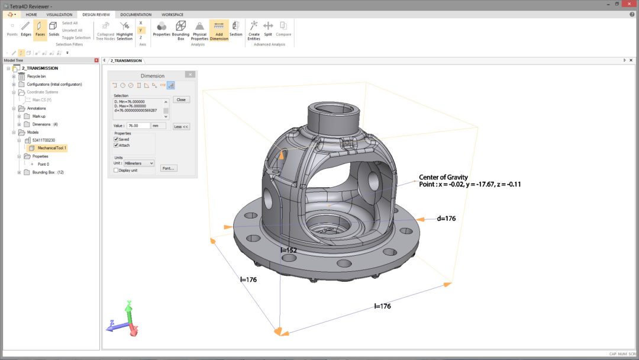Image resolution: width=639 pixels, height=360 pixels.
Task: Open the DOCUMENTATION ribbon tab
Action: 135,14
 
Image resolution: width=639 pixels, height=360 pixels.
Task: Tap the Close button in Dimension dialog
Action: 181,99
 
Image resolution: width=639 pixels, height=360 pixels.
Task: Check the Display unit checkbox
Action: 116,170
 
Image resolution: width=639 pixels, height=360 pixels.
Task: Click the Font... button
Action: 168,168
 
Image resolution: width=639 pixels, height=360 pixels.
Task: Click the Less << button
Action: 181,127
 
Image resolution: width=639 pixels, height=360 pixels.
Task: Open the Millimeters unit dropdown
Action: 139,163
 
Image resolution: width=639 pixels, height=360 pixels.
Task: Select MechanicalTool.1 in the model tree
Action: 52,148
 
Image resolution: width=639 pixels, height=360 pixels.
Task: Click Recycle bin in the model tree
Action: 36,76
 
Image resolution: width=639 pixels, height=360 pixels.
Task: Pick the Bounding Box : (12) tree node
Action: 48,172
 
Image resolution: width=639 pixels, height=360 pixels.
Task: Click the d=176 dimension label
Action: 446,218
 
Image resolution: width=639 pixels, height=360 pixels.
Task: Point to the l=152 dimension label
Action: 289,250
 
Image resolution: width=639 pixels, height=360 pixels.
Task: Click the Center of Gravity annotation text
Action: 443,177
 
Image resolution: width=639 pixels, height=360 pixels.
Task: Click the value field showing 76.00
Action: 138,126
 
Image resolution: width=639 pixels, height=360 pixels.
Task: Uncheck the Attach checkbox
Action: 116,145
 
